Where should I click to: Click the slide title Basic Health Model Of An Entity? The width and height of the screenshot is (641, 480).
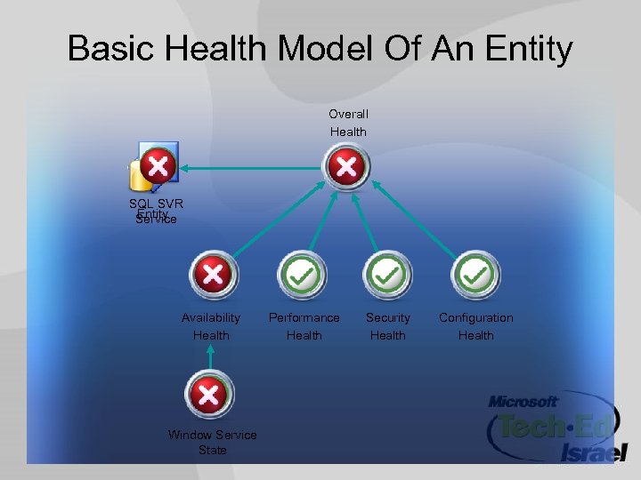coord(320,49)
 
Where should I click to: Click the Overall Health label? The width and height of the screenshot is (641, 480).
coord(348,123)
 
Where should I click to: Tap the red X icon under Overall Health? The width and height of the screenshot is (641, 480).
coord(346,166)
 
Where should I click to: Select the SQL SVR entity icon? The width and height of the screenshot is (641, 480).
coord(155,166)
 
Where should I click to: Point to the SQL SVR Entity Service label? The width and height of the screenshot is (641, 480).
coord(156,212)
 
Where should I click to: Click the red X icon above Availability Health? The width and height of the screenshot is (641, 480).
coord(212,275)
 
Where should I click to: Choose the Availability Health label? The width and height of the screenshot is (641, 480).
coord(211,326)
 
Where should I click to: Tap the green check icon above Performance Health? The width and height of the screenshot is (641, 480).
coord(303,275)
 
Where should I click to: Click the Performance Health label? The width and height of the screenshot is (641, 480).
coord(304,326)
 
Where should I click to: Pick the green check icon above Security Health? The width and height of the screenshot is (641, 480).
coord(387,275)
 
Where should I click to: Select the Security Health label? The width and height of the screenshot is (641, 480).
coord(388,326)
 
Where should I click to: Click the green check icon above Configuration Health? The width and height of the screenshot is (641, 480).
coord(476,275)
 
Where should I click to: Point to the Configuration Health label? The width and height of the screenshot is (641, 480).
coord(475,326)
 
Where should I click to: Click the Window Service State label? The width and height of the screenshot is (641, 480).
coord(212,442)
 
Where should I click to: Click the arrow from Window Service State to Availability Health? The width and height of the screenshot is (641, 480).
coord(210,357)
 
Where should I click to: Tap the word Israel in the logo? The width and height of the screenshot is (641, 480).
coord(594,452)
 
